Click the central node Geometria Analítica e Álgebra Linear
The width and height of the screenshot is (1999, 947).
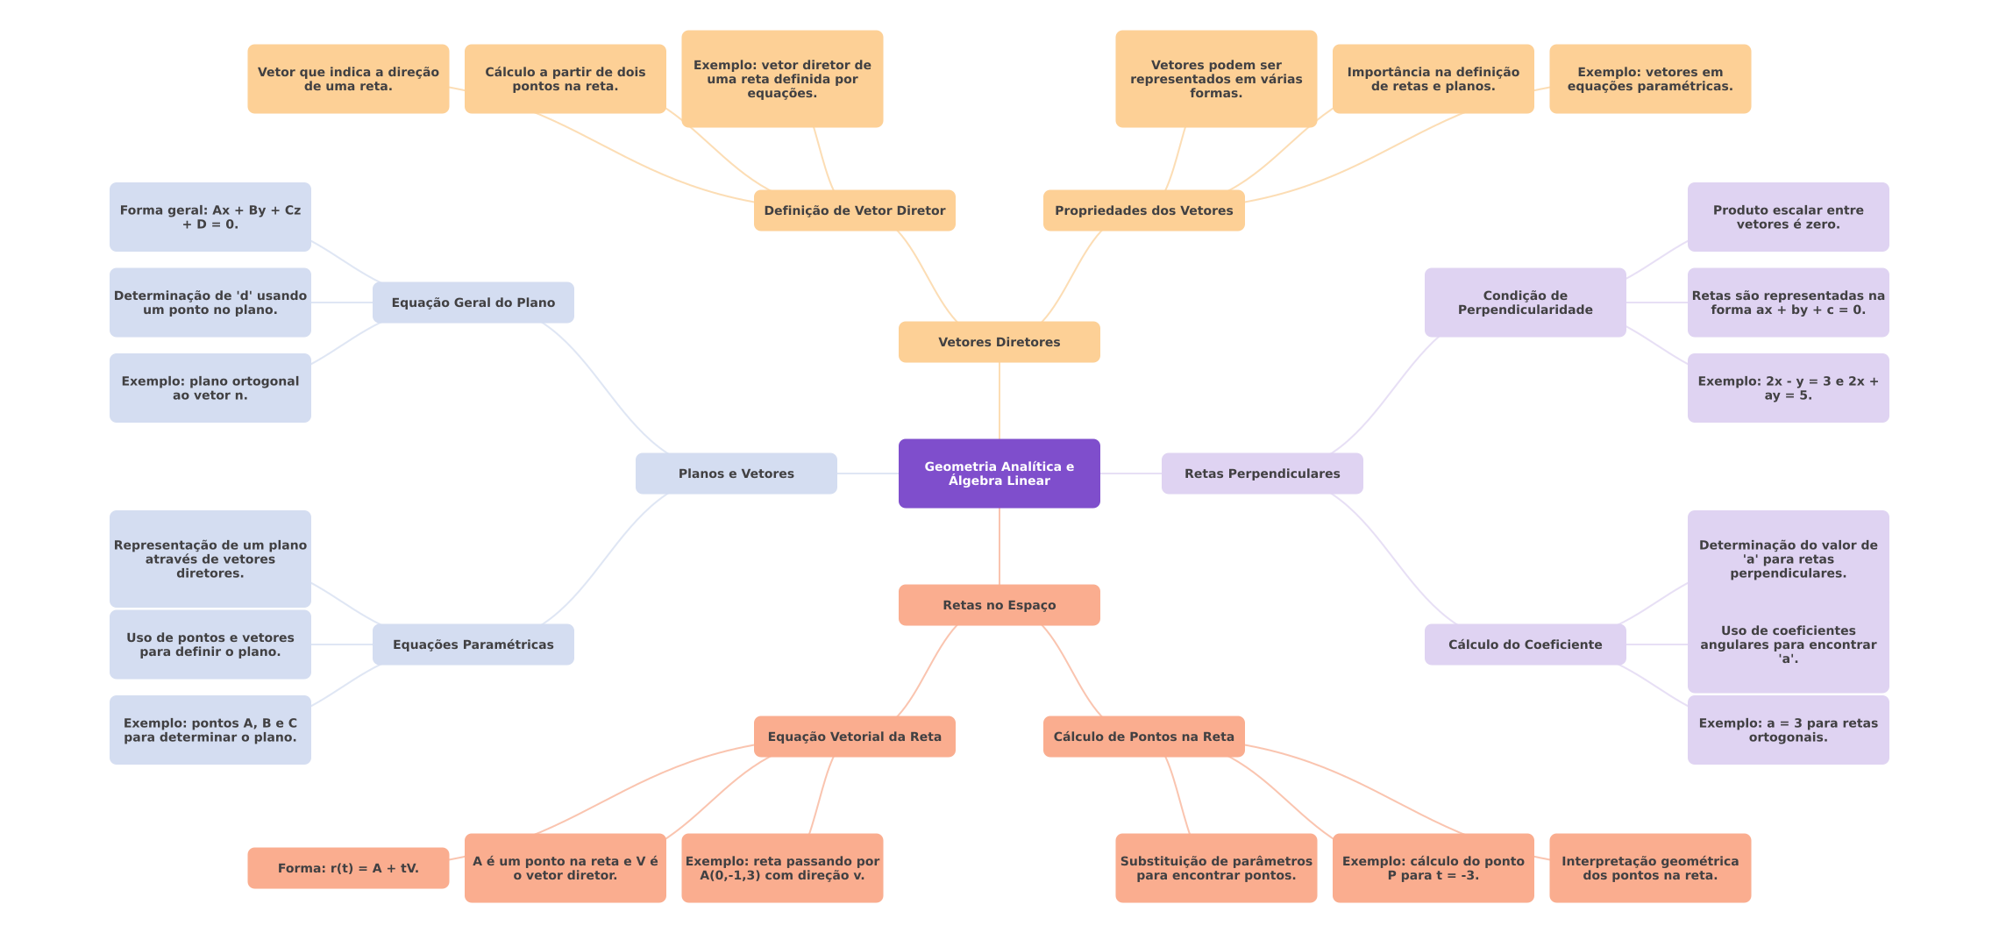pos(999,473)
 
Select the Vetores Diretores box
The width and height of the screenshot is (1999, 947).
pos(999,342)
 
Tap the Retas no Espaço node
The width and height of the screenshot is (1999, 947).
pos(999,605)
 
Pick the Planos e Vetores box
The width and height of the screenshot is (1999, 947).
pos(736,473)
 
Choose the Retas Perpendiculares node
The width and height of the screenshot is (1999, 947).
pos(1262,473)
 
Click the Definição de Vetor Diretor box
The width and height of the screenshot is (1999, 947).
pos(854,210)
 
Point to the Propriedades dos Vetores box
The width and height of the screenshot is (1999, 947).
pos(1143,210)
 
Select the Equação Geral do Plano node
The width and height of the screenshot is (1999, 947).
pos(473,303)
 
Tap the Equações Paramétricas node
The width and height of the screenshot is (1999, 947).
pos(473,644)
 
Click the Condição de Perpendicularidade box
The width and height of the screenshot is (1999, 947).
pos(1525,303)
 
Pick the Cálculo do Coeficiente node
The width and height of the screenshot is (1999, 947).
pos(1525,644)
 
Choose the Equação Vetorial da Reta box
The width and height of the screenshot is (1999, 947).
pos(854,737)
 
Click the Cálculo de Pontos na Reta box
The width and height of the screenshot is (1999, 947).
pos(1143,737)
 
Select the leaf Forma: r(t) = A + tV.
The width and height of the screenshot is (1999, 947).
pos(348,868)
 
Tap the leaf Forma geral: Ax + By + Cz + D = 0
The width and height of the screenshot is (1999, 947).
pos(210,217)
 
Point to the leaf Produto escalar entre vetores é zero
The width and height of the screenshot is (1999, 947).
pos(1788,217)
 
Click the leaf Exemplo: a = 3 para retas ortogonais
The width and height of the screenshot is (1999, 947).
pos(1788,730)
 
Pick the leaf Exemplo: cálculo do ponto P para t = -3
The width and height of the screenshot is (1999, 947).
pos(1433,868)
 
